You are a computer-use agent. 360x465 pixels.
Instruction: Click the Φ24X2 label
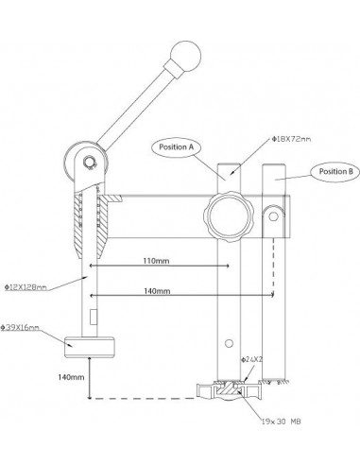click(252, 360)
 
